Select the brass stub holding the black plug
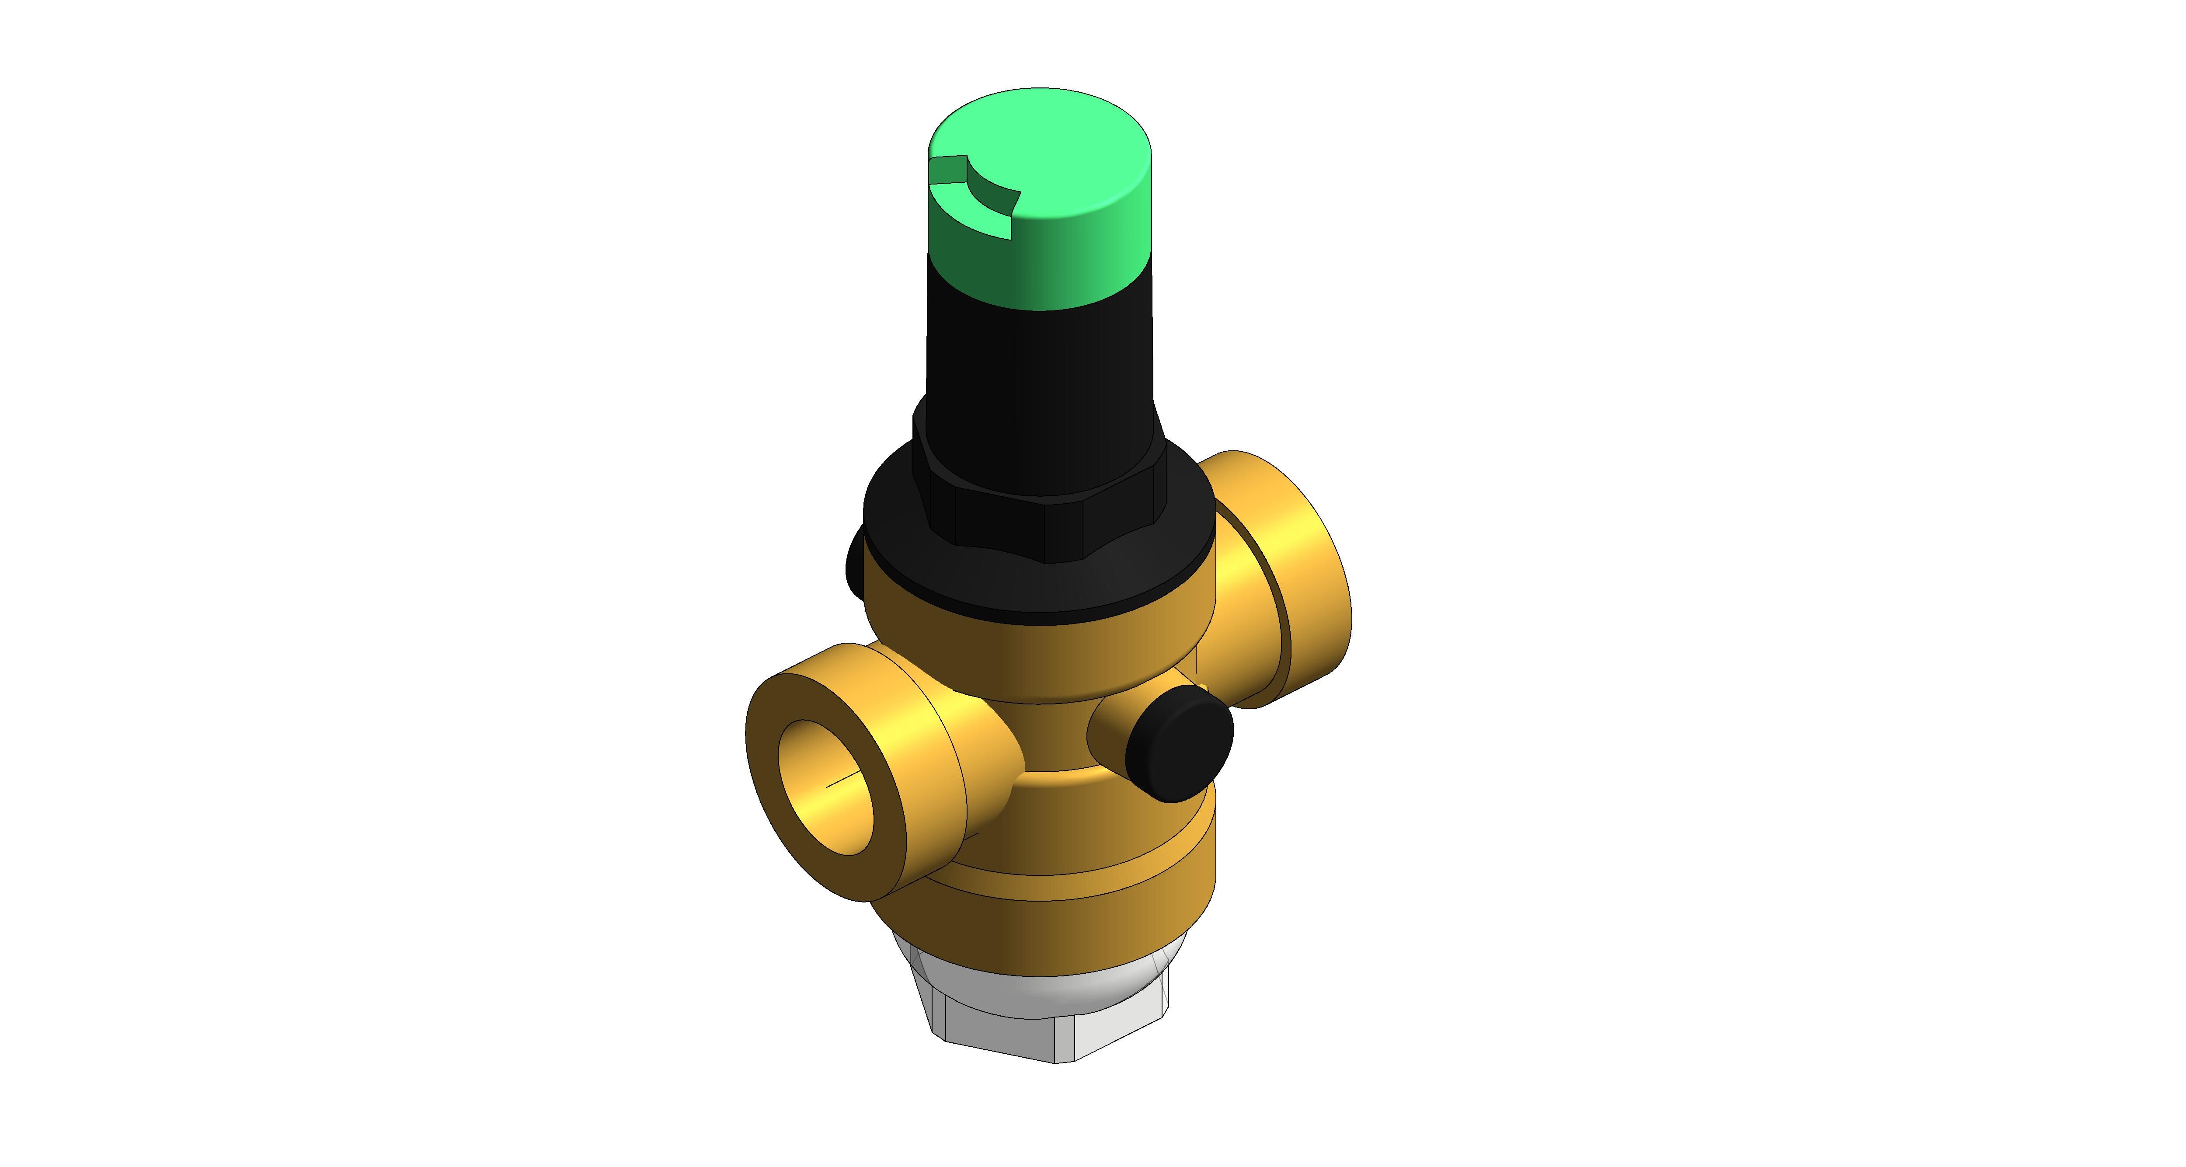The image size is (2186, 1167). pos(1107,730)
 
